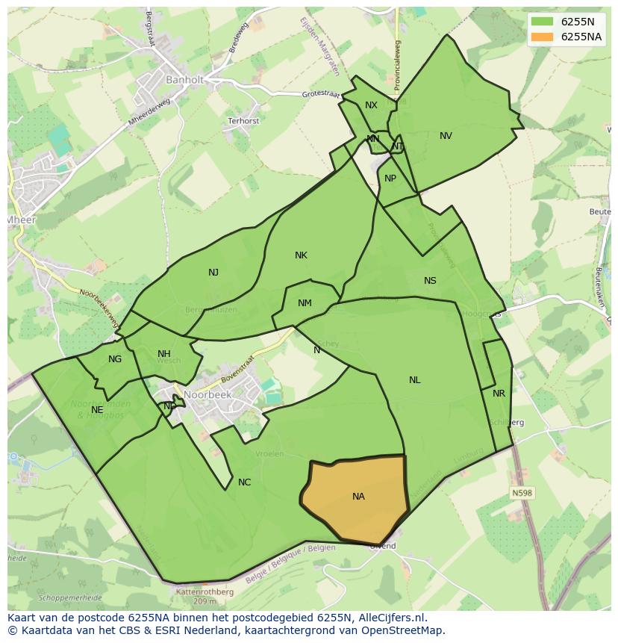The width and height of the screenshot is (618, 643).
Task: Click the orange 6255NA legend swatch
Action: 543,37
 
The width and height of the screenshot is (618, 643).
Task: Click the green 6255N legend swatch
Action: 543,22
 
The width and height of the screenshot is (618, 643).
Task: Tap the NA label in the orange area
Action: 358,496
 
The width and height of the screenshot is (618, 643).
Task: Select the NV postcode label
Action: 446,136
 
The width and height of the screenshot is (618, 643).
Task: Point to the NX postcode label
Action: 371,105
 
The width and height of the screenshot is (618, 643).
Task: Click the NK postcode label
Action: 301,255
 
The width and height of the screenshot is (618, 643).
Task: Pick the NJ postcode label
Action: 213,273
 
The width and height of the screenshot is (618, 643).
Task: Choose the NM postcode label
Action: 305,303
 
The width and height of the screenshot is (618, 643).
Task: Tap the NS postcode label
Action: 430,281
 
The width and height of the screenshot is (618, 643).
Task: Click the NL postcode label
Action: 414,380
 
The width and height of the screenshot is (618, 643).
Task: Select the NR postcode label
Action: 499,394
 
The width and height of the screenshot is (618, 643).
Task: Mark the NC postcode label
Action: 244,482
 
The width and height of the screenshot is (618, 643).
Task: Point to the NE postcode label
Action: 97,410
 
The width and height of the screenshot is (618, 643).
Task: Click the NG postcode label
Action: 114,359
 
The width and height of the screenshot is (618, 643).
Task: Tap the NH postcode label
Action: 164,354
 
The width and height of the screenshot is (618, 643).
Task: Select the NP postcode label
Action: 390,178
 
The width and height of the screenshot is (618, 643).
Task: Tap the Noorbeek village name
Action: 207,395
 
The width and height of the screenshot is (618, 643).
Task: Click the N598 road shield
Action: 522,493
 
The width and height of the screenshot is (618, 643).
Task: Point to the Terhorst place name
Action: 243,121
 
